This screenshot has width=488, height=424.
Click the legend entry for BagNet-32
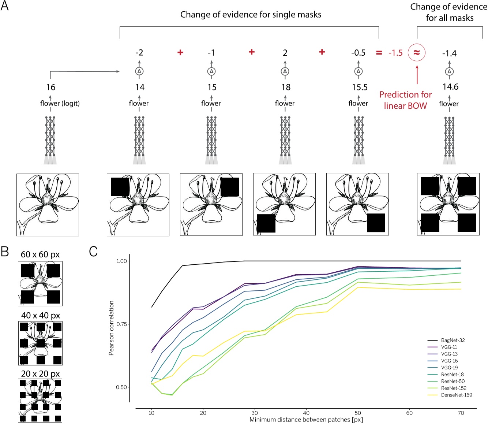click(x=453, y=340)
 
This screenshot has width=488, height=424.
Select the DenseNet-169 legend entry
click(x=456, y=395)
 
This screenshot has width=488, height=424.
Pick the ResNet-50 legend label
click(x=453, y=381)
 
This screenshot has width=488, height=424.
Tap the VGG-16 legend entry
click(x=449, y=361)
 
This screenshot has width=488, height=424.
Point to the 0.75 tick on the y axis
click(x=121, y=324)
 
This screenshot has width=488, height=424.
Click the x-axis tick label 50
click(x=358, y=413)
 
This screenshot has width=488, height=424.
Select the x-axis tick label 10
click(x=151, y=413)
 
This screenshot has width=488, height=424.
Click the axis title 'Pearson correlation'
click(x=111, y=328)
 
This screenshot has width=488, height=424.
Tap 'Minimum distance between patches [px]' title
click(x=306, y=420)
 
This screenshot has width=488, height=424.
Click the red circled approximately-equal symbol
click(x=416, y=53)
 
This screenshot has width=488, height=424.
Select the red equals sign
click(x=379, y=53)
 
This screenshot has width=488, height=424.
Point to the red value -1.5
click(x=395, y=53)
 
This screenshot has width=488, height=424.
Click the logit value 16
click(x=50, y=87)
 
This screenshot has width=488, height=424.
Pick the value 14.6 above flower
click(x=450, y=87)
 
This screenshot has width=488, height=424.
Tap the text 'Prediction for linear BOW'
click(x=405, y=100)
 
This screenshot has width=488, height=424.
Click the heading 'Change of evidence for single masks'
click(x=251, y=15)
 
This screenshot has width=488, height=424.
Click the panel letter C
click(x=93, y=252)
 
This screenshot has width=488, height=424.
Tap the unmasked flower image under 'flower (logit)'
click(x=48, y=205)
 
